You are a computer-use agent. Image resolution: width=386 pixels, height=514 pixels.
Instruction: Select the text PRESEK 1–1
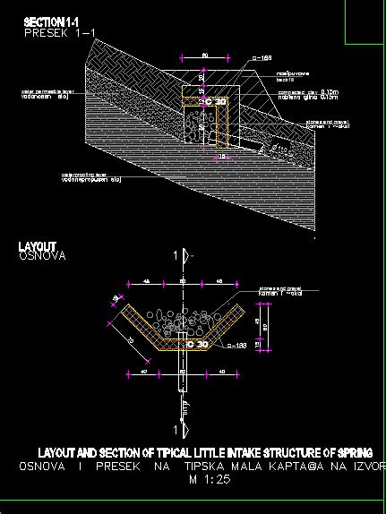click(59, 31)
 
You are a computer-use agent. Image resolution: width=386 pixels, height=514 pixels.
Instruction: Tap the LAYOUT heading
click(38, 246)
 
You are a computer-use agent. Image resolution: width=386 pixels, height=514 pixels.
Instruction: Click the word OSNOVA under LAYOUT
click(42, 256)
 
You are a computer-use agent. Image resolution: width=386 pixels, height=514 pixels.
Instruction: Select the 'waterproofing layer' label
click(89, 176)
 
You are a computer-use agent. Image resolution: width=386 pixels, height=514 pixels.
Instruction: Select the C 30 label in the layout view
click(195, 344)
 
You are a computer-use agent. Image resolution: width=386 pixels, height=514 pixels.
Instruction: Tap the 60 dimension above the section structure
click(205, 56)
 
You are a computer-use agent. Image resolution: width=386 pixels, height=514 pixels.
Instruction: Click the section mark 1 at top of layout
click(176, 256)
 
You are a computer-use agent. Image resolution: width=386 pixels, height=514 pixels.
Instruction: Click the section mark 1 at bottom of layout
click(176, 408)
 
